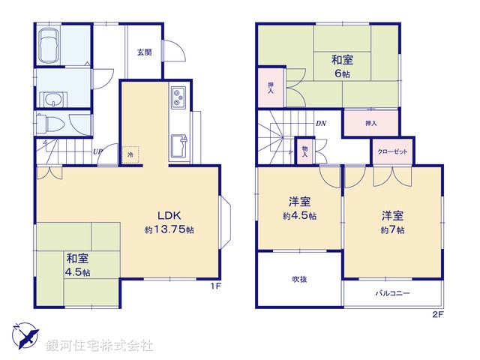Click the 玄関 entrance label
tap(143, 52)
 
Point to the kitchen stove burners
tap(180, 96)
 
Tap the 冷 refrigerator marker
tap(130, 154)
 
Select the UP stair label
tap(97, 151)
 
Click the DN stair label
tap(320, 123)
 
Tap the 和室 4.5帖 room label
tap(76, 264)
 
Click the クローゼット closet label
tap(394, 151)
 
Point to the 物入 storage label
tap(305, 151)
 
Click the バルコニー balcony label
tap(392, 292)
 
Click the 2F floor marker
tap(437, 314)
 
